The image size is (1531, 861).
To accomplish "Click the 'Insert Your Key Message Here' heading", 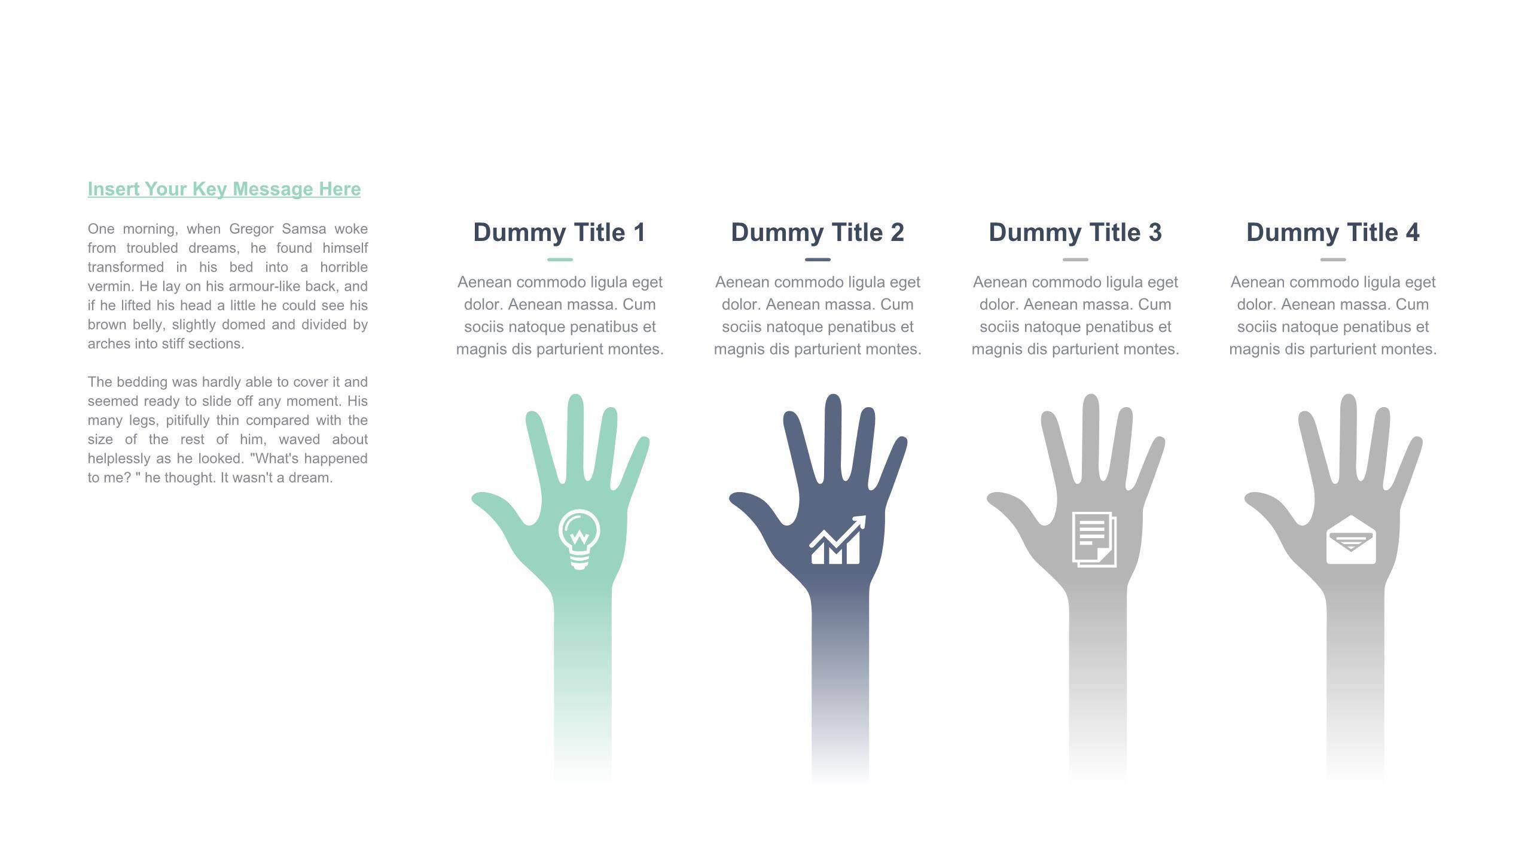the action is pyautogui.click(x=224, y=189).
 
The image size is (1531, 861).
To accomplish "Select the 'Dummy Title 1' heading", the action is pyautogui.click(x=560, y=233).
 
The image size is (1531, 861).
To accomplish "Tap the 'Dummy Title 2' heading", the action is pyautogui.click(x=818, y=233).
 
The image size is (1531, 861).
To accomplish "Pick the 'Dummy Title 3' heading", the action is pyautogui.click(x=1075, y=233).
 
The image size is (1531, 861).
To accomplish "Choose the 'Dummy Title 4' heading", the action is pyautogui.click(x=1333, y=233).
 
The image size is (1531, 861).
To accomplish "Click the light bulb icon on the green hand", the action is pyautogui.click(x=579, y=539).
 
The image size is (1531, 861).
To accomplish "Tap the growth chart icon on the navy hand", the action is pyautogui.click(x=837, y=539).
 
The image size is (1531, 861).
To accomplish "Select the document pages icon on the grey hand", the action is pyautogui.click(x=1094, y=539).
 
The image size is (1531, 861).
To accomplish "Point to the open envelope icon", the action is pyautogui.click(x=1351, y=539).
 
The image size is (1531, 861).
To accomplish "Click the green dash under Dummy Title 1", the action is pyautogui.click(x=560, y=259).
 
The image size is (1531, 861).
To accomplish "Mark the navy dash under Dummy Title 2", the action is pyautogui.click(x=818, y=259).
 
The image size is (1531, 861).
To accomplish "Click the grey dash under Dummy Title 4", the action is pyautogui.click(x=1333, y=259).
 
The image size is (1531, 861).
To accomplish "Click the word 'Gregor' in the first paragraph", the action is pyautogui.click(x=251, y=230).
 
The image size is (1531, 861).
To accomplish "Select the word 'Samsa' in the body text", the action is pyautogui.click(x=304, y=229).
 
